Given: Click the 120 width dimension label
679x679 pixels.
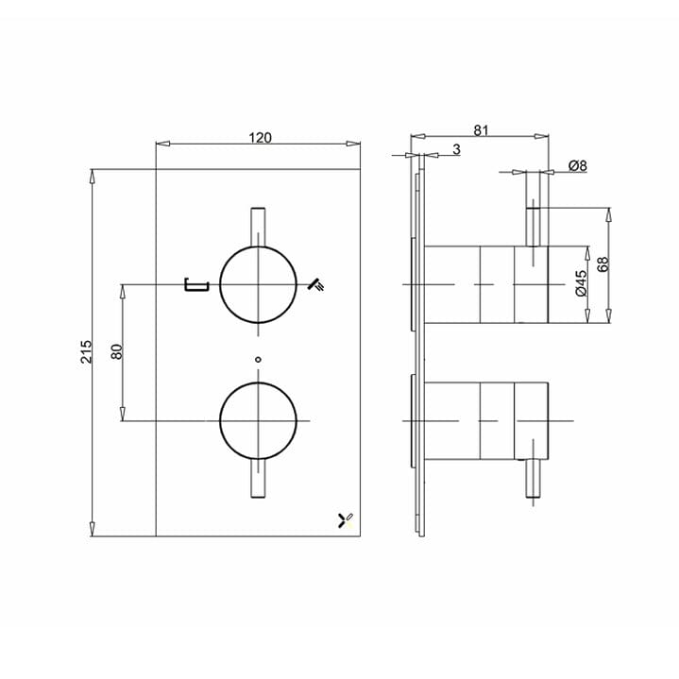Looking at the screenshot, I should point(260,138).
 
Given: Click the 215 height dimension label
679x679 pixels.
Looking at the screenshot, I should point(86,351).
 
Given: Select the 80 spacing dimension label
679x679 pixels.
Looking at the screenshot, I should point(117,351).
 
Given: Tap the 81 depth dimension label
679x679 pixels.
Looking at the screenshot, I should point(481,131).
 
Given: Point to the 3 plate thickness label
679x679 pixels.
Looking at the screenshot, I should point(456,150).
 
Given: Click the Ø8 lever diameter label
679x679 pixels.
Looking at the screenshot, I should point(578,165).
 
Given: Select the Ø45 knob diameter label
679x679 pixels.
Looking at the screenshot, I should point(582,283).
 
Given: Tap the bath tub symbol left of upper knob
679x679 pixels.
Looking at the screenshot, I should point(195,283).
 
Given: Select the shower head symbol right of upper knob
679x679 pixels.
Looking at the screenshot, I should point(319,283).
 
